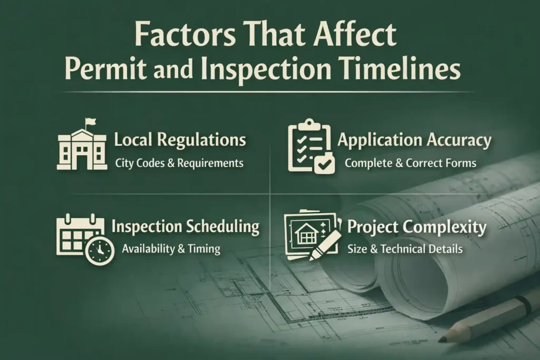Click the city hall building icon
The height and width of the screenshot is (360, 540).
81,148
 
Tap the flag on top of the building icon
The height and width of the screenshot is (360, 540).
91,122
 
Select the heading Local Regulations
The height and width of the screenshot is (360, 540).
180,140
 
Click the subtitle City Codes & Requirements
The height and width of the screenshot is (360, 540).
179,163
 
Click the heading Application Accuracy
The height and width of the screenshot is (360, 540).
414,140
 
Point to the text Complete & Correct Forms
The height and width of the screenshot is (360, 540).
410,163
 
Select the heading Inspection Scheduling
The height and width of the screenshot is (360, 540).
186,227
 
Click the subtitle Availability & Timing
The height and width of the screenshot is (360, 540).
171,249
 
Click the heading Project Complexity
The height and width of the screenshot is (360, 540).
417,227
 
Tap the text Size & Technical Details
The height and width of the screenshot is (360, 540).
405,249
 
